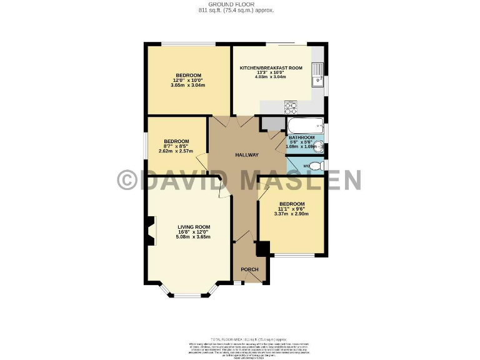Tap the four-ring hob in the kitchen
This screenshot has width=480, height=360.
tap(291, 106)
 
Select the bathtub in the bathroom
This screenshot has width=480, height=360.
tap(305, 124)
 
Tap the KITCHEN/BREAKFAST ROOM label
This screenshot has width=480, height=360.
tap(271, 67)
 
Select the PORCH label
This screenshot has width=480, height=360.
tap(249, 269)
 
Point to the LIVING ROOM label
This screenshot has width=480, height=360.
tap(194, 227)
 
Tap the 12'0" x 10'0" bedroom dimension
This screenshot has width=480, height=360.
tap(187, 80)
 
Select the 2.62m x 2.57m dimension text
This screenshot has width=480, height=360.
tap(176, 151)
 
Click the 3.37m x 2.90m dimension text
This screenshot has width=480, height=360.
tap(291, 214)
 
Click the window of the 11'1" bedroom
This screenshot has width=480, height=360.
tap(292, 255)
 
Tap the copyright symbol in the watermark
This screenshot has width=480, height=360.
tap(127, 180)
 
